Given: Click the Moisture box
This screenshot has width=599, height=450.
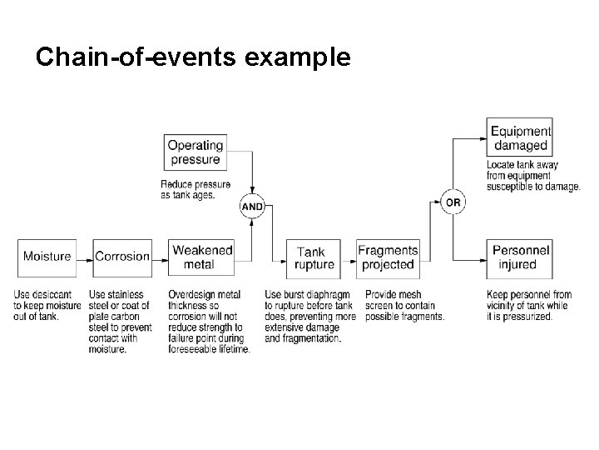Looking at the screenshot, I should [x=47, y=257].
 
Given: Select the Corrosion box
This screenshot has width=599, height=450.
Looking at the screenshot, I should [x=122, y=257].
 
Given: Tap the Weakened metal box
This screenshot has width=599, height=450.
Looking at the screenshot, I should [x=200, y=257].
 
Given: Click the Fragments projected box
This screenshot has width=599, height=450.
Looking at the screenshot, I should [x=388, y=257].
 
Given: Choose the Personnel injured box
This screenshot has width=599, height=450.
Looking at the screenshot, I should [x=519, y=257].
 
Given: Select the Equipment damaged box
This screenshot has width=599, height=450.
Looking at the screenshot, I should [x=519, y=138].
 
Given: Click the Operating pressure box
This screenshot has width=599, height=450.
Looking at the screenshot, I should [x=196, y=152].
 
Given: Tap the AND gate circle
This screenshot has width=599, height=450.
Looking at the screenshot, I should [x=252, y=207].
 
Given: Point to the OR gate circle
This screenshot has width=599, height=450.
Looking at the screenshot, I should [x=452, y=202].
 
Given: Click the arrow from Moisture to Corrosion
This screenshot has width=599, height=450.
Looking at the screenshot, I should [x=83, y=257].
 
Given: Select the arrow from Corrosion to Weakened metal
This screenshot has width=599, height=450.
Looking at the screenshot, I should [x=161, y=257].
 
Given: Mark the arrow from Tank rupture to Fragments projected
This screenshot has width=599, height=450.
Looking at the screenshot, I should [x=349, y=257].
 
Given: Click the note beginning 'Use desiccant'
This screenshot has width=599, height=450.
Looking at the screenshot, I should [x=47, y=305].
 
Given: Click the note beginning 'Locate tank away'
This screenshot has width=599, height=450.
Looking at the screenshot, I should [x=532, y=176].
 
